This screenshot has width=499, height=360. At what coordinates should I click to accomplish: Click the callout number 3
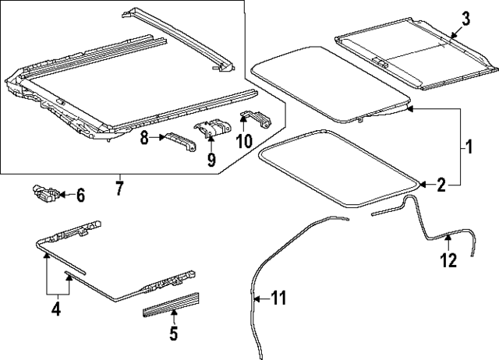(465, 19)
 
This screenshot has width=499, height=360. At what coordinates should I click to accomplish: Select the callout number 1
(469, 146)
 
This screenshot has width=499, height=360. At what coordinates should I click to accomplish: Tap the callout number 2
(441, 185)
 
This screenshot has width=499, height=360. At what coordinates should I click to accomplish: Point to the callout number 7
(119, 189)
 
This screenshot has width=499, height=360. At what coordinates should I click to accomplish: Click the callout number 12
(449, 260)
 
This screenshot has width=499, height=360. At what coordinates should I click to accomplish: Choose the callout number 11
(278, 298)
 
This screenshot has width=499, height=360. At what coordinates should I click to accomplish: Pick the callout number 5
(173, 333)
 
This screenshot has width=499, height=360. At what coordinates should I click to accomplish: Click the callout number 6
(80, 196)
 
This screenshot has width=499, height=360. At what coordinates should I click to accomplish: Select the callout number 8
(145, 138)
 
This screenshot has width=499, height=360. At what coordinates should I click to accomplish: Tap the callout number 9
(211, 159)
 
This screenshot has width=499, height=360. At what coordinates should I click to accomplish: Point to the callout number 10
(244, 141)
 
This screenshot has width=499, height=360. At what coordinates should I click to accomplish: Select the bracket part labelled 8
(180, 141)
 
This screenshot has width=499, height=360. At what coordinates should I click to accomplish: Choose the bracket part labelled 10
(257, 119)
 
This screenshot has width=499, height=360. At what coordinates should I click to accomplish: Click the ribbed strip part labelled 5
(171, 305)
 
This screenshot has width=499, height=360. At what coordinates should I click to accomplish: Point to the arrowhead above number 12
(448, 237)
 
